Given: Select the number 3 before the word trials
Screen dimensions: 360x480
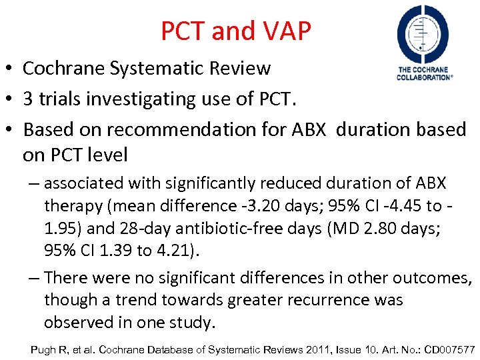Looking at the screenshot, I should pyautogui.click(x=29, y=99).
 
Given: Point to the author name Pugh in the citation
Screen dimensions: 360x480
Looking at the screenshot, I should pyautogui.click(x=44, y=349).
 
